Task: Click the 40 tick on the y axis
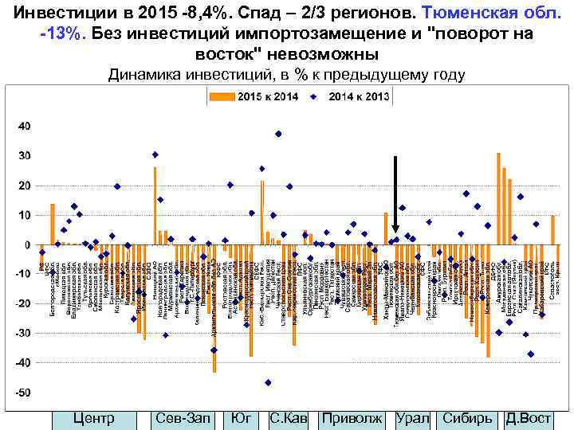tap(24, 126)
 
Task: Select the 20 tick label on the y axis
tap(24, 186)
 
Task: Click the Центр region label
tap(93, 418)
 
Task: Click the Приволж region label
tap(352, 418)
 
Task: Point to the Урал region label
tap(412, 418)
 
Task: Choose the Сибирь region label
tap(467, 418)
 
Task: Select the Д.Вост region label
tap(529, 418)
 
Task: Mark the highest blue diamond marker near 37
tap(278, 134)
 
